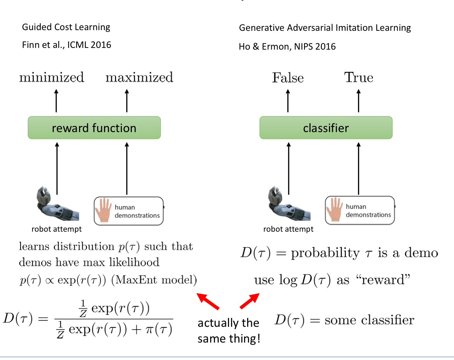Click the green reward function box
(x=94, y=128)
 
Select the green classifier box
(x=326, y=128)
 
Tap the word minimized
(x=52, y=77)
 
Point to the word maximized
(x=139, y=77)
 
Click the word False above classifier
(x=288, y=78)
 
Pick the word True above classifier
(x=358, y=78)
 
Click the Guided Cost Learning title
(x=66, y=27)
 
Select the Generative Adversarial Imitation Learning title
(x=325, y=28)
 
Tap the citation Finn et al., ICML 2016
(x=66, y=45)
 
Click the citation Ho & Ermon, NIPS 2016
(x=287, y=47)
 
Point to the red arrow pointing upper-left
(x=208, y=301)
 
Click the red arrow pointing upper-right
(x=250, y=301)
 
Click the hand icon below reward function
(x=103, y=210)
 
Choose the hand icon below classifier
(x=335, y=210)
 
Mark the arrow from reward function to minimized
(x=56, y=101)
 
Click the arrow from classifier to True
(x=358, y=101)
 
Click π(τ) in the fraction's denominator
(x=159, y=330)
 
